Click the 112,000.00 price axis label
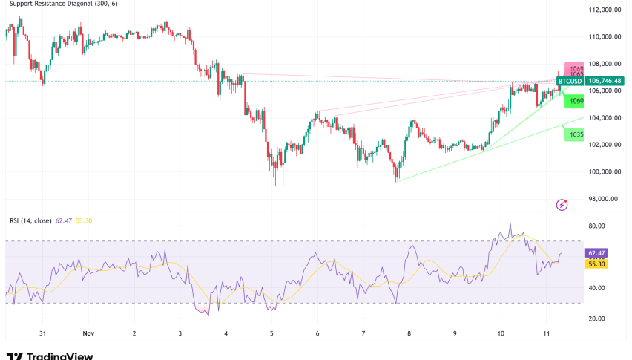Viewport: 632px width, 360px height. [605, 10]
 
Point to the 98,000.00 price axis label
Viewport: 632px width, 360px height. [605, 198]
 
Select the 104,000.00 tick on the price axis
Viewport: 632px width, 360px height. [605, 117]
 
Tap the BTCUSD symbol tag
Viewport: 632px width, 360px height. [570, 81]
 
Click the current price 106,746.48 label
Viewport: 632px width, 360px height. [605, 81]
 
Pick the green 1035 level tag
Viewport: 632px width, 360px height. [576, 135]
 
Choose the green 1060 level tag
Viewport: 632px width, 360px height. [576, 100]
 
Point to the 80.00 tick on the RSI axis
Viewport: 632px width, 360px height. [597, 226]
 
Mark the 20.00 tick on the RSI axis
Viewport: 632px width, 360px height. [597, 318]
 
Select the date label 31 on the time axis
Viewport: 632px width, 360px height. [43, 334]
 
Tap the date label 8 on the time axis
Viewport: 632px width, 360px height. [409, 334]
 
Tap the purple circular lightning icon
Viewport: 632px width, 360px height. [562, 203]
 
